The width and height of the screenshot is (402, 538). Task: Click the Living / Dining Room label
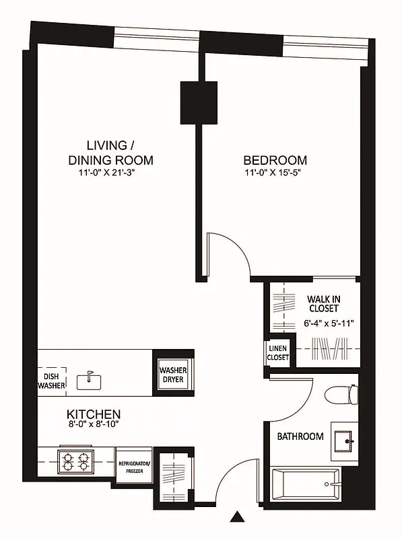pyautogui.click(x=110, y=153)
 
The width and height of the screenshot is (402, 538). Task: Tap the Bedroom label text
pyautogui.click(x=275, y=161)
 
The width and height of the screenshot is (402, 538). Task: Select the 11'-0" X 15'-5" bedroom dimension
pyautogui.click(x=275, y=174)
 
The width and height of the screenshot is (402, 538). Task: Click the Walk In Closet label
pyautogui.click(x=323, y=303)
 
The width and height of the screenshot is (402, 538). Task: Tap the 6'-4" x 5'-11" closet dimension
pyautogui.click(x=329, y=323)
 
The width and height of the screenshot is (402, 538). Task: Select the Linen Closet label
pyautogui.click(x=278, y=352)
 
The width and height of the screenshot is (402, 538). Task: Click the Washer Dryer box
pyautogui.click(x=173, y=375)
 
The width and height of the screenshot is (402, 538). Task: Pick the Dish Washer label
pyautogui.click(x=51, y=381)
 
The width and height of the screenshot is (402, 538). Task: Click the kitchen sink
pyautogui.click(x=89, y=381)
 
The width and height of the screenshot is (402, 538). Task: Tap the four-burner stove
pyautogui.click(x=75, y=463)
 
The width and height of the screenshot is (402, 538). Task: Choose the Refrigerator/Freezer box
pyautogui.click(x=134, y=467)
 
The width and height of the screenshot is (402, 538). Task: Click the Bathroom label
pyautogui.click(x=300, y=436)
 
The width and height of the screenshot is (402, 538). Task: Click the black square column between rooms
pyautogui.click(x=199, y=102)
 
